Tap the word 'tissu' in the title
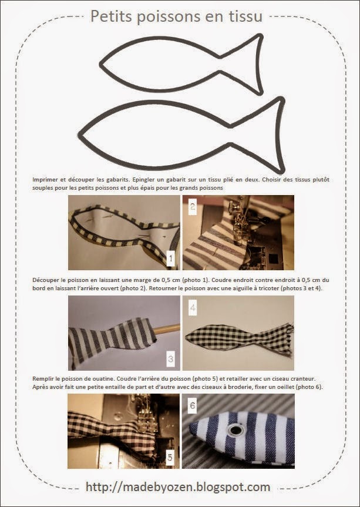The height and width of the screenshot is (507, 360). click(x=243, y=17)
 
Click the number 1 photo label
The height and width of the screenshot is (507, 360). click(x=170, y=257)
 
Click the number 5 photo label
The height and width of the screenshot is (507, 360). click(x=170, y=458)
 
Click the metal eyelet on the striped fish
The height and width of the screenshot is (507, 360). click(x=236, y=431)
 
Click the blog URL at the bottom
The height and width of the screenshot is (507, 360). click(x=178, y=487)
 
